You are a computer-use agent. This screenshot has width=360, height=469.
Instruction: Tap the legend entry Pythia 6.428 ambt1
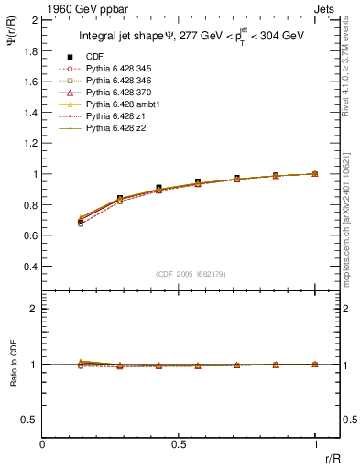[119, 105]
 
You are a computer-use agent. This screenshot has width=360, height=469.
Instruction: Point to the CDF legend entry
[94, 58]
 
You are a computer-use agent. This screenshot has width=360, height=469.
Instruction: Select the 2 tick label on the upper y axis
[33, 19]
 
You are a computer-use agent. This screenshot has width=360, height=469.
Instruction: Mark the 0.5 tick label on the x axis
[180, 444]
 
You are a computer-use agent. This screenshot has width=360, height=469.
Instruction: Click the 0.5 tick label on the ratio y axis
[28, 420]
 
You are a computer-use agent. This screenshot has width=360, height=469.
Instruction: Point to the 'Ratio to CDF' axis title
[12, 364]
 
